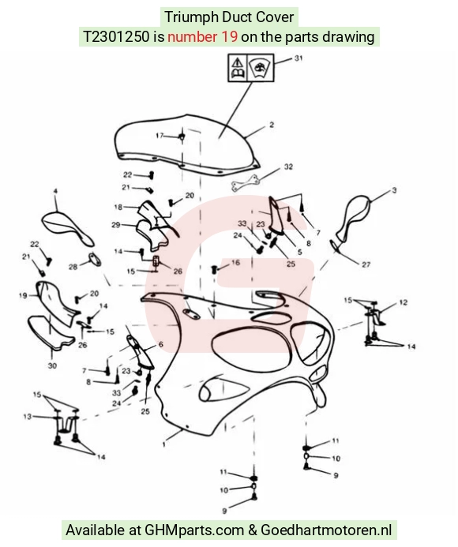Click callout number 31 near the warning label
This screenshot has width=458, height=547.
298,58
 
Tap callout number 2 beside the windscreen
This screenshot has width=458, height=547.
272,125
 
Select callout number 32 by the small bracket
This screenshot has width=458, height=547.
288,167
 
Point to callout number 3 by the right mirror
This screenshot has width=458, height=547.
394,190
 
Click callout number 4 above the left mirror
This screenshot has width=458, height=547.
55,191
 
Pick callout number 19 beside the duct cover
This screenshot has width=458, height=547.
23,295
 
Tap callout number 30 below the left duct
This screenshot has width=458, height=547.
52,365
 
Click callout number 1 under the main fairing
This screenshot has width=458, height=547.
163,444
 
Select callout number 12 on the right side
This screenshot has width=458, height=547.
404,302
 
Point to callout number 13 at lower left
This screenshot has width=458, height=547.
27,417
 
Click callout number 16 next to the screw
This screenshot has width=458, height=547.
235,262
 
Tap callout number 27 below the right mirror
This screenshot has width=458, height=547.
366,264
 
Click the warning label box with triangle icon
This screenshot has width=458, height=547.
251,68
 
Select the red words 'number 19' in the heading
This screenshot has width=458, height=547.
203,36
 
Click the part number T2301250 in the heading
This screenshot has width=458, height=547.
116,36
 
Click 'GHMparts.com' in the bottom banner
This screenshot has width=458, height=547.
194,530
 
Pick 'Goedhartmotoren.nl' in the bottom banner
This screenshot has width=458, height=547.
326,530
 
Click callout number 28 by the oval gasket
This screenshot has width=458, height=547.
73,267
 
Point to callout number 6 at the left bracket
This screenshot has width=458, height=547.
160,344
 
